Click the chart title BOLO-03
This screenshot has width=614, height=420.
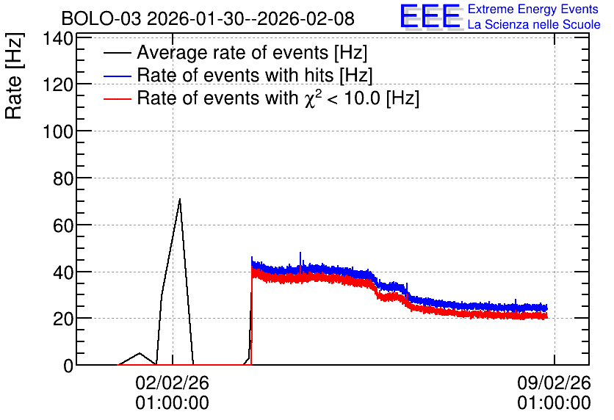pyautogui.click(x=101, y=19)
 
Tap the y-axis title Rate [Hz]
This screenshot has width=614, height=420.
pyautogui.click(x=14, y=76)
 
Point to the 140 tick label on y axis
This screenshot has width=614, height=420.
pyautogui.click(x=58, y=39)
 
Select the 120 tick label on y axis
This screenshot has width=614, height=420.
pyautogui.click(x=58, y=84)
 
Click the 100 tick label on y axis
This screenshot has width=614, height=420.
pyautogui.click(x=58, y=131)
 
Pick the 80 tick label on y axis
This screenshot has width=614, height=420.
pyautogui.click(x=63, y=178)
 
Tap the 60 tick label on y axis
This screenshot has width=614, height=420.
pyautogui.click(x=63, y=225)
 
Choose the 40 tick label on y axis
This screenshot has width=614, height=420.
pyautogui.click(x=63, y=272)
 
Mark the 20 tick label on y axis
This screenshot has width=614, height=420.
pyautogui.click(x=63, y=319)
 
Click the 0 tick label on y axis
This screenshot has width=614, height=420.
pyautogui.click(x=68, y=366)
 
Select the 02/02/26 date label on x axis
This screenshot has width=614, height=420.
pyautogui.click(x=173, y=383)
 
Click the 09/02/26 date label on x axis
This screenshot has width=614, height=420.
pyautogui.click(x=554, y=383)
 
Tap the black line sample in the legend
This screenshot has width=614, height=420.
pyautogui.click(x=118, y=53)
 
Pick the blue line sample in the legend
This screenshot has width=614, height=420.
pyautogui.click(x=118, y=76)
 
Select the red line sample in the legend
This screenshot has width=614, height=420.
pyautogui.click(x=118, y=98)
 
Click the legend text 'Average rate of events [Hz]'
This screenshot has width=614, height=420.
pyautogui.click(x=252, y=53)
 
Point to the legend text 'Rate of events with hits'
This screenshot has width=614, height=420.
pyautogui.click(x=235, y=75)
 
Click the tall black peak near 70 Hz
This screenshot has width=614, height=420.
pyautogui.click(x=180, y=199)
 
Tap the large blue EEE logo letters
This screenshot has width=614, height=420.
pyautogui.click(x=430, y=16)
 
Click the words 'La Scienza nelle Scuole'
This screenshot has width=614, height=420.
pyautogui.click(x=534, y=25)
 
